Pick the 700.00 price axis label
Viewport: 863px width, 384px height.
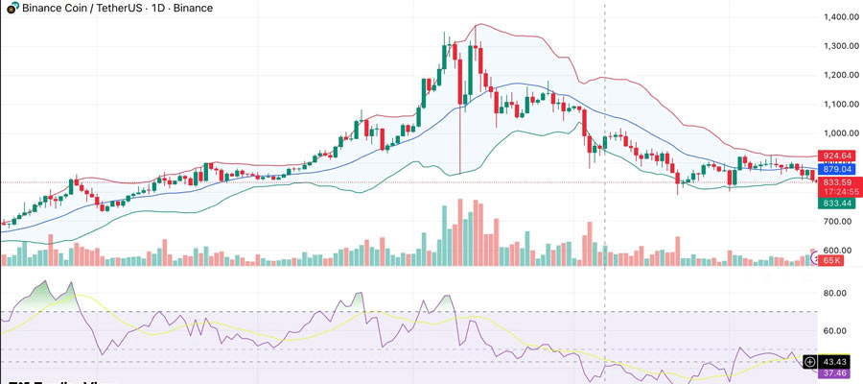837,222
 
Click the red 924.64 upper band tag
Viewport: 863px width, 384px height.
837,156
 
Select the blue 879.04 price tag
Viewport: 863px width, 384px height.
837,169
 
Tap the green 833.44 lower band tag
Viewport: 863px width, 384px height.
837,203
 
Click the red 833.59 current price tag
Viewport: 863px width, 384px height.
837,182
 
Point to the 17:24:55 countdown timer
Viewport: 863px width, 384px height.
837,192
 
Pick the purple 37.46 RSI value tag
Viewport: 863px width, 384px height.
838,374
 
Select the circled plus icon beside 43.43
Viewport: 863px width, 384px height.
810,361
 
